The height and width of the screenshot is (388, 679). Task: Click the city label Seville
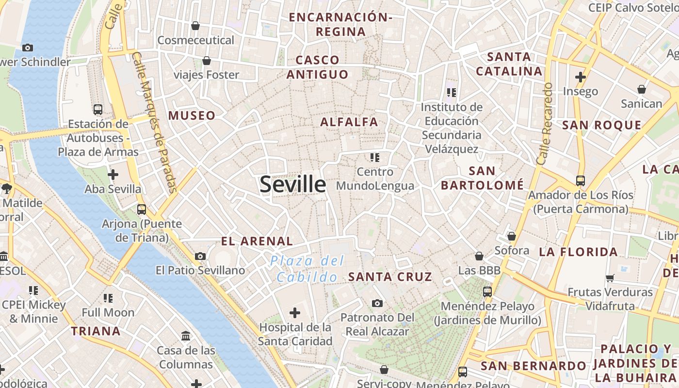pos(293,184)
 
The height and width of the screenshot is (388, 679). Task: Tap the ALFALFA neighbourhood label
pos(349,122)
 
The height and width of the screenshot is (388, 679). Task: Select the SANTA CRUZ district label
pos(390,277)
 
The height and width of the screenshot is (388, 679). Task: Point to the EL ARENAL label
pos(257,241)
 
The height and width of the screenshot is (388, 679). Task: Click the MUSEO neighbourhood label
pos(192,115)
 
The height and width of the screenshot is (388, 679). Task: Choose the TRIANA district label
pos(96,331)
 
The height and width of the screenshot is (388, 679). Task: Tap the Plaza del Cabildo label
pos(307,269)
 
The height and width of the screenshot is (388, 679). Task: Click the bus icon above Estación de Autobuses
pos(98,110)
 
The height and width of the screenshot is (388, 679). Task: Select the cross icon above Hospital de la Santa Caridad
pos(295,313)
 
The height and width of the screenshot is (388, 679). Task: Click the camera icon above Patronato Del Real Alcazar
pos(377,304)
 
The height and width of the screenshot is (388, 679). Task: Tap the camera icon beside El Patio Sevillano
pos(200,256)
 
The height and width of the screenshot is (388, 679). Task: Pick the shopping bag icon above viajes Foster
pos(207,61)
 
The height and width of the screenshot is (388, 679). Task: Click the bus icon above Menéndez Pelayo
pos(487,292)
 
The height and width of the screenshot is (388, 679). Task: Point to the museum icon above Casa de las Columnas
pos(186,336)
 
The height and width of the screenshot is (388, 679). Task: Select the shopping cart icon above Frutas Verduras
pos(610,278)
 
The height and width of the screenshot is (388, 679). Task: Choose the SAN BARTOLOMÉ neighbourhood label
pos(482,178)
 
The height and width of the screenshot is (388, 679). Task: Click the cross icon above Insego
pos(581,77)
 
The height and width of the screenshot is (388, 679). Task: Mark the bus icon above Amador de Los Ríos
pos(581,181)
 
